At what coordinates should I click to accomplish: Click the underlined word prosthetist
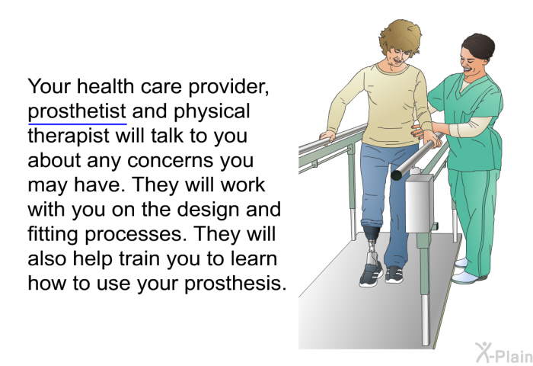pyautogui.click(x=77, y=112)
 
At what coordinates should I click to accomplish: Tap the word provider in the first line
pyautogui.click(x=228, y=87)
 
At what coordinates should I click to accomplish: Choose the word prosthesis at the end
pyautogui.click(x=235, y=284)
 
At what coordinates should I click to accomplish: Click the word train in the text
pyautogui.click(x=139, y=259)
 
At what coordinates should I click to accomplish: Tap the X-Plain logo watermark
pyautogui.click(x=503, y=352)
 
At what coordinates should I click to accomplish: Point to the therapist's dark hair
pyautogui.click(x=479, y=45)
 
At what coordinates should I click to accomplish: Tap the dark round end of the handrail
pyautogui.click(x=397, y=175)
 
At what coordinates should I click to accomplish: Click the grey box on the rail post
pyautogui.click(x=419, y=204)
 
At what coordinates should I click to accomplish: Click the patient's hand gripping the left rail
pyautogui.click(x=327, y=136)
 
